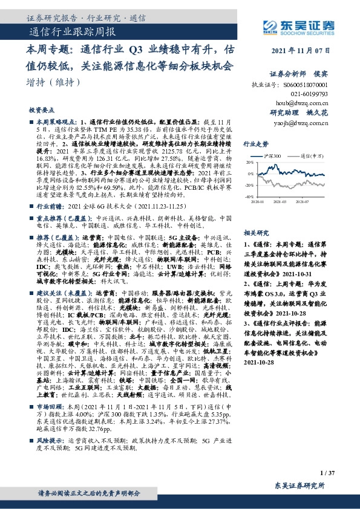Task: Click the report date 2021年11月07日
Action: pyautogui.click(x=301, y=51)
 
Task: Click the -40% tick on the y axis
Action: pyautogui.click(x=249, y=197)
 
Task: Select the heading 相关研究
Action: pyautogui.click(x=255, y=232)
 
